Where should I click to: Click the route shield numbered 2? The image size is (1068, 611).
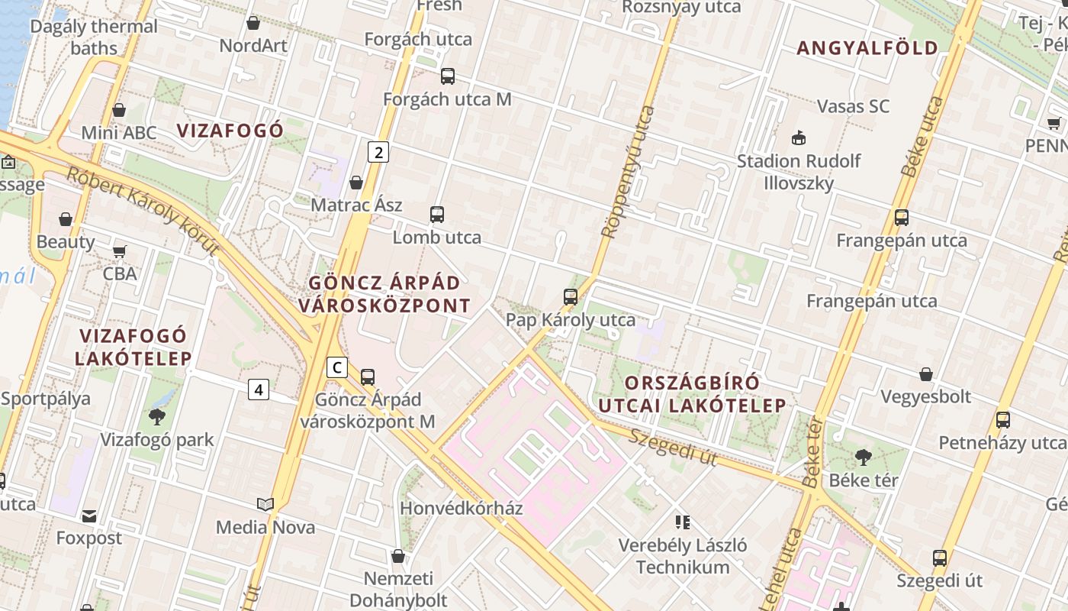378,152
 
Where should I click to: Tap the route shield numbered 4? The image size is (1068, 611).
259,390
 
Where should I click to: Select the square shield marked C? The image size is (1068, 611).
336,367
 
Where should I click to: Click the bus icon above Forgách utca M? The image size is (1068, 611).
448,76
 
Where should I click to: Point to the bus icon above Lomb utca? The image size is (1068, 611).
437,215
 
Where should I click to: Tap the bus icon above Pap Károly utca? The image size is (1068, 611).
571,297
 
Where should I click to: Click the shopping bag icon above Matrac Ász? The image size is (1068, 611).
356,183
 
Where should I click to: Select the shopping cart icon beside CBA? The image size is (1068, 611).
120,251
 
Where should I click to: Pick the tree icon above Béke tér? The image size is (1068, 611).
864,457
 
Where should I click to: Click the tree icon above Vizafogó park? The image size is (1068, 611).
157,416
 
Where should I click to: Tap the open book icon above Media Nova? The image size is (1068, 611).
265,504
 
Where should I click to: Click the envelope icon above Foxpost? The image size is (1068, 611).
89,516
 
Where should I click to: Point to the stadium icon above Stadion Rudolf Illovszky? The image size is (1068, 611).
799,138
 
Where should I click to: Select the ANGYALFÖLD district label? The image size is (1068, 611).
867,48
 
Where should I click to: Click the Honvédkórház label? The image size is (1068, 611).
462,508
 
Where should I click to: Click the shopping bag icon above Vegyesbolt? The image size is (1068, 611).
925,374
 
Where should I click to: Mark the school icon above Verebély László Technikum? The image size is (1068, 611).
683,522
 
